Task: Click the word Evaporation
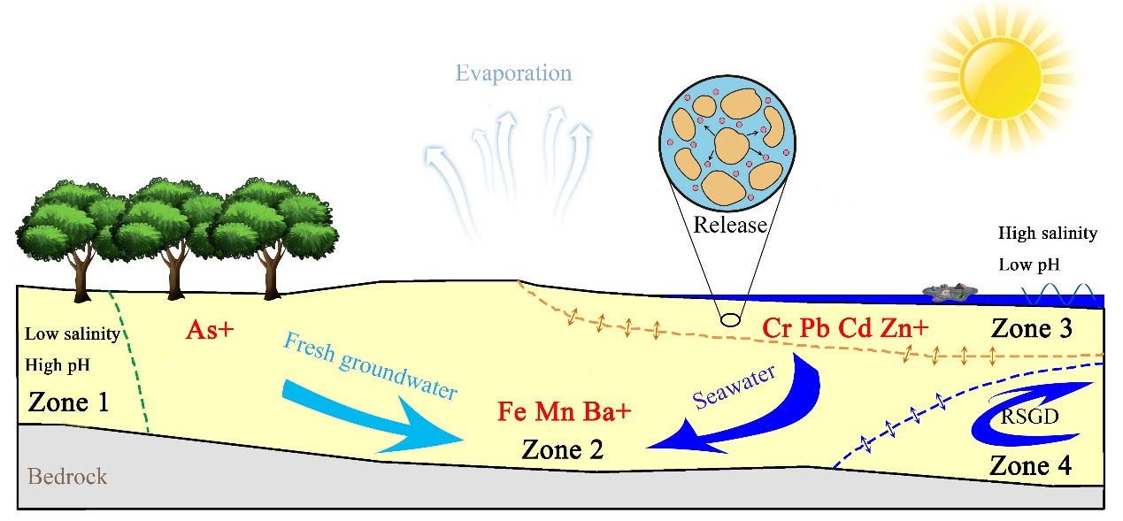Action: pyautogui.click(x=513, y=73)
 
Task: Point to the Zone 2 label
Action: pyautogui.click(x=563, y=449)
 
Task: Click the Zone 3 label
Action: pyautogui.click(x=1031, y=329)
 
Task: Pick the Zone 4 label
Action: pyautogui.click(x=1030, y=465)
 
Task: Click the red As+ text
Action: pyautogui.click(x=210, y=330)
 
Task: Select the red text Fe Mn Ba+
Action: pyautogui.click(x=557, y=412)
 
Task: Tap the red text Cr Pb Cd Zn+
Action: pyautogui.click(x=845, y=328)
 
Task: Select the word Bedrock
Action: pyautogui.click(x=67, y=477)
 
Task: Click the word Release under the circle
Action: pyautogui.click(x=730, y=225)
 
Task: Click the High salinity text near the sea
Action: pyautogui.click(x=1047, y=234)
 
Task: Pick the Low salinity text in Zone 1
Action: pyautogui.click(x=72, y=333)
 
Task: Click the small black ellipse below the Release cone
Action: pyautogui.click(x=729, y=319)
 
